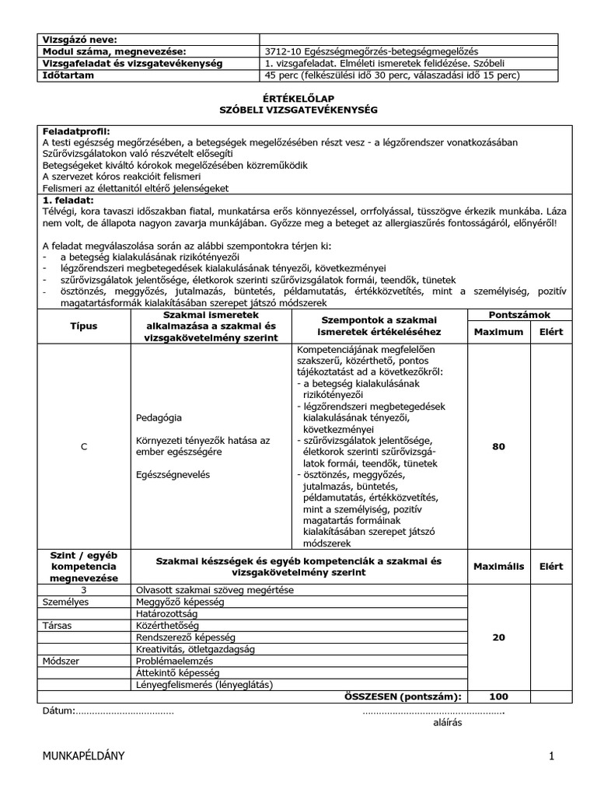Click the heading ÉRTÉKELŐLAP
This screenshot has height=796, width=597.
(298, 99)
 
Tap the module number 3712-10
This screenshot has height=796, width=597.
(283, 51)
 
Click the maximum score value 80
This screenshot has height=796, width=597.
(498, 446)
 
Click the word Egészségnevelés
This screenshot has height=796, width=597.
(176, 473)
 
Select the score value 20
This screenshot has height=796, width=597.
(498, 637)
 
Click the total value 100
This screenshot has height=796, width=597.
(498, 696)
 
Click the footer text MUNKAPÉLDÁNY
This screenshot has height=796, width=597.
(83, 756)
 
